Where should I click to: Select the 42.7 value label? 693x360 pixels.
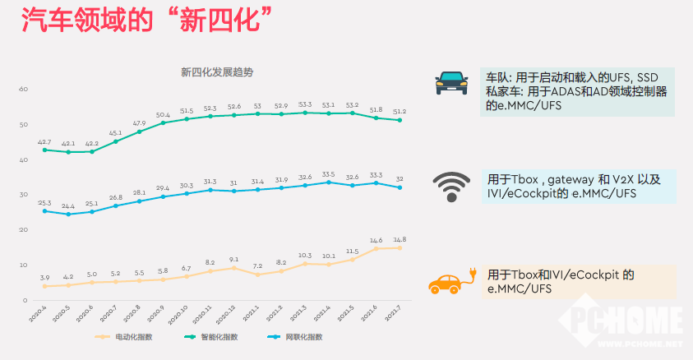coord(44,142)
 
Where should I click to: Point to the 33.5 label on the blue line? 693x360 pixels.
coord(329,174)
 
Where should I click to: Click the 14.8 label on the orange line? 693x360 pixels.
coord(400,239)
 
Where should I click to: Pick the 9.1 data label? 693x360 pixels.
coord(234,260)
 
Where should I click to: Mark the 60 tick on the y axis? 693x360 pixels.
coord(23,89)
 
